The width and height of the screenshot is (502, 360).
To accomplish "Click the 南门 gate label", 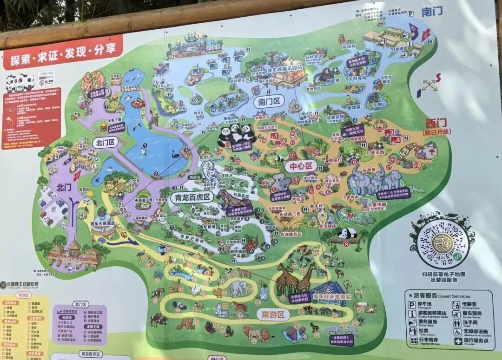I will click(432, 12).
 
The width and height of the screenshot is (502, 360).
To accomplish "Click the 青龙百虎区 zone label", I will click(192, 197).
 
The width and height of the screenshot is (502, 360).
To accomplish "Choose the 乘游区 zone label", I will click(273, 315).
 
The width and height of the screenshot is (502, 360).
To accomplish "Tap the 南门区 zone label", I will click(270, 100).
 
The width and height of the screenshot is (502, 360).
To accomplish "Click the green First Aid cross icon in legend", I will click(457, 341).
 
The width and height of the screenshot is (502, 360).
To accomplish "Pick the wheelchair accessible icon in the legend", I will click(457, 332).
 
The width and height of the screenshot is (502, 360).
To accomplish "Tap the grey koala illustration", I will click(281, 182).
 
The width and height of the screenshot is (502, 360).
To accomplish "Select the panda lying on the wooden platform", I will click(347, 233).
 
